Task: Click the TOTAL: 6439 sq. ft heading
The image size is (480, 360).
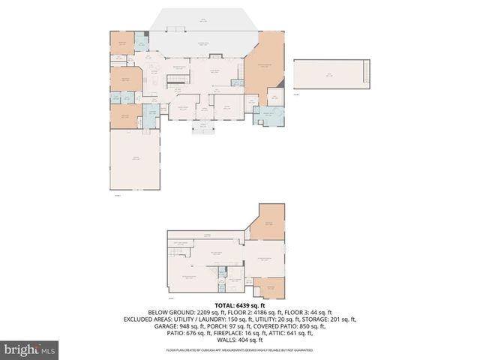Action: [240, 306]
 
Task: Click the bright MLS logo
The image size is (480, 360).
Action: [30, 349]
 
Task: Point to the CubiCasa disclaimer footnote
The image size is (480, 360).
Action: [240, 349]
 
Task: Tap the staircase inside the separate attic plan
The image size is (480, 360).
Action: [367, 73]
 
